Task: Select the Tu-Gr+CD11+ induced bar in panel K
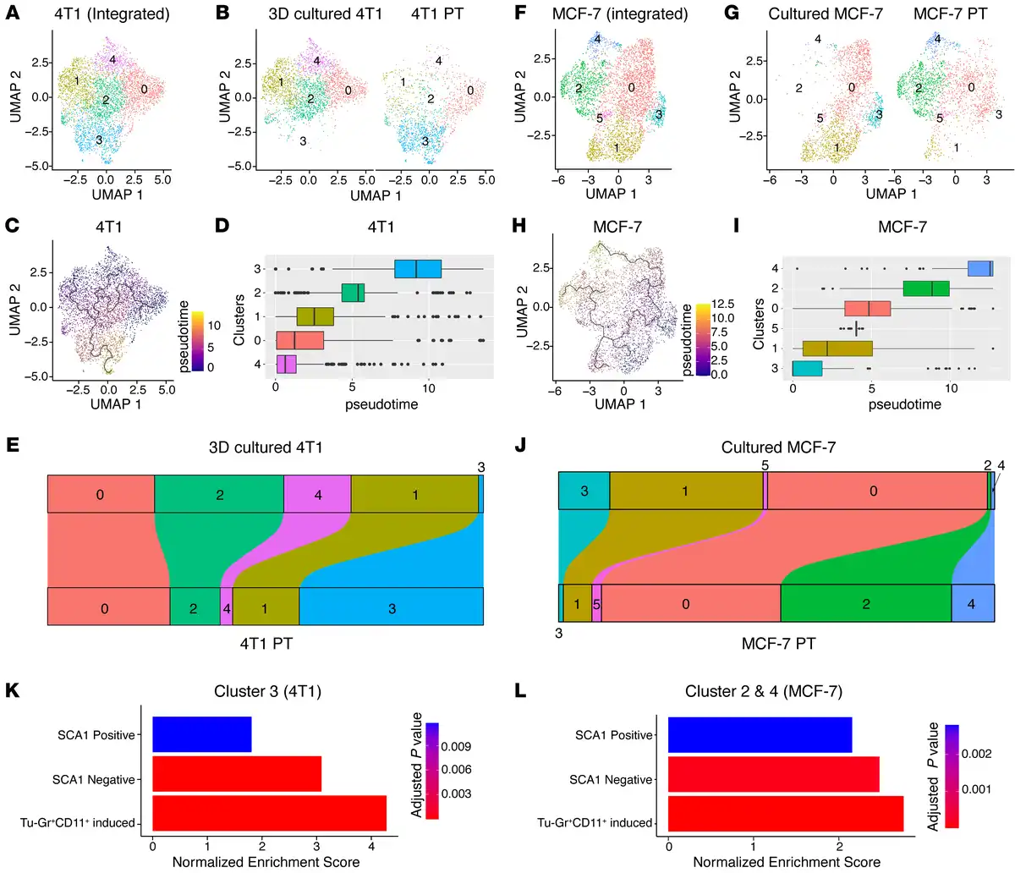pos(269,822)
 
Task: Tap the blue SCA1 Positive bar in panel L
pos(760,735)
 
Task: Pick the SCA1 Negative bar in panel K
pos(237,779)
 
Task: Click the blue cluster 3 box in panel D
pos(418,269)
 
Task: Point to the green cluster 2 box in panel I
pos(926,288)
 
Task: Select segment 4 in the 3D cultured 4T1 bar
pos(318,494)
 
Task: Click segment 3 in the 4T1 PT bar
pos(392,607)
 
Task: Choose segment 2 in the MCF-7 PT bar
pos(865,604)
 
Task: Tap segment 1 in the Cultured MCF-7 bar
pos(686,491)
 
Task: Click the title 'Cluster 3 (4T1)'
pos(267,692)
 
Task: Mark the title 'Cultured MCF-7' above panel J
pos(778,447)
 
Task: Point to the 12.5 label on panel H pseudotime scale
pos(723,304)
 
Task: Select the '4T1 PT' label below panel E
pos(266,643)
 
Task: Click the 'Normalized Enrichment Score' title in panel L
pos(787,862)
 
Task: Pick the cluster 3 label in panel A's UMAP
pos(100,140)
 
